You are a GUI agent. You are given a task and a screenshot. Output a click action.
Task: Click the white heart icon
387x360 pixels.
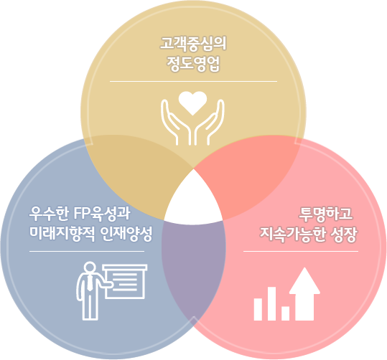pos(192,103)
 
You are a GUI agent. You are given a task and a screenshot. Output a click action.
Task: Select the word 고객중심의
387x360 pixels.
pos(193,44)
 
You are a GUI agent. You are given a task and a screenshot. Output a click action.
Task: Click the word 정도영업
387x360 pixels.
pos(193,64)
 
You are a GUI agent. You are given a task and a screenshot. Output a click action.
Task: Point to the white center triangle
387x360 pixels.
pos(194,200)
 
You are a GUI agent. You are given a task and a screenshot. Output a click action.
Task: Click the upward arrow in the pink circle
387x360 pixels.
pos(304,294)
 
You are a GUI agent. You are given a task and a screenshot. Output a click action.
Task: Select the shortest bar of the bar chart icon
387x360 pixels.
pos(286,313)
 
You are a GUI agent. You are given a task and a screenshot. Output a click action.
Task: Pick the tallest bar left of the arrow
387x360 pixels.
pos(271,304)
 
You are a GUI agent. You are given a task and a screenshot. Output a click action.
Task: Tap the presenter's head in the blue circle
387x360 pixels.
pos(90,267)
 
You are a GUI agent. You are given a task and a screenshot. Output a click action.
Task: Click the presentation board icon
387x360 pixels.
pos(125,282)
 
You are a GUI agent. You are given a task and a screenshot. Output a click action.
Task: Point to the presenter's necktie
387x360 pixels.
pos(90,283)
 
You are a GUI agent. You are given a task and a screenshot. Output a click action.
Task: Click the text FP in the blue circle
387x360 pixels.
pos(81,214)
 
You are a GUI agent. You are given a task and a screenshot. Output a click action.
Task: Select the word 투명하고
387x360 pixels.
pos(325,214)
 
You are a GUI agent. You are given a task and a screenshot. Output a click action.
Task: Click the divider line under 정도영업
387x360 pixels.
pos(194,81)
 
